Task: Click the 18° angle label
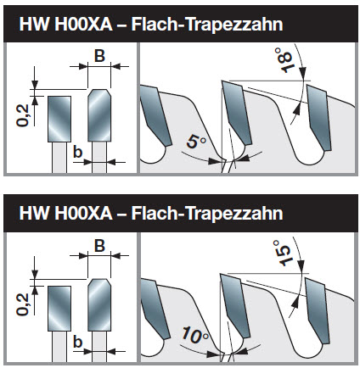coord(284,60)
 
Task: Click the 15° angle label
coord(282,253)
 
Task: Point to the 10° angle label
coord(194,335)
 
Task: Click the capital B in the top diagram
coord(99,56)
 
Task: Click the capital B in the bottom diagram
coord(99,245)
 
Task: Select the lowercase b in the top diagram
coord(77,152)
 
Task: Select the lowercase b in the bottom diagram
coord(77,342)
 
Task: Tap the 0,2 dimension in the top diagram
coord(23,115)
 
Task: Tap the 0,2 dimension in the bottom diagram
coord(23,304)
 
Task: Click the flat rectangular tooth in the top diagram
coord(59,119)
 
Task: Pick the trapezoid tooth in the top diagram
coord(99,115)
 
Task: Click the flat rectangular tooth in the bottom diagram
coord(59,309)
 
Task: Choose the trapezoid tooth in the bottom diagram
coord(99,304)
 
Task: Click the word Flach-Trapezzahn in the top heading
coord(207,25)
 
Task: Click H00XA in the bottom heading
coord(83,213)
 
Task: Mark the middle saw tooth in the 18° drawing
coord(236,112)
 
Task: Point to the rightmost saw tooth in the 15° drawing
coord(317,310)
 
